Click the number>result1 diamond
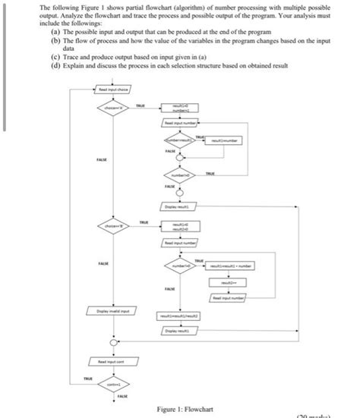pyautogui.click(x=179, y=141)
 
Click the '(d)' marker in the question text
pyautogui.click(x=55, y=66)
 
